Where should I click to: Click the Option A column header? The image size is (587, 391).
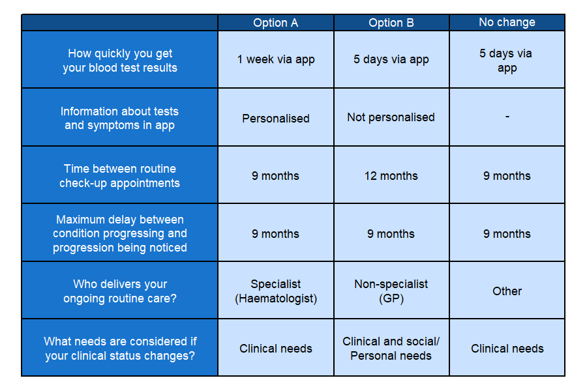point(275,23)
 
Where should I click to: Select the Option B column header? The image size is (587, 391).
point(391,23)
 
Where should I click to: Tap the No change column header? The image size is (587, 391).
point(507,22)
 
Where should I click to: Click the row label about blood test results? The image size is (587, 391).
point(120,60)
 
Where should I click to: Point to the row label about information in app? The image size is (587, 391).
point(120,118)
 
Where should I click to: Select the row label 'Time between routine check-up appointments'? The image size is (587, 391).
point(120,175)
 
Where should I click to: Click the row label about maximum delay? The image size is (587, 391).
point(120,233)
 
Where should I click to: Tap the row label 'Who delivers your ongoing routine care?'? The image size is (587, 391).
point(120,291)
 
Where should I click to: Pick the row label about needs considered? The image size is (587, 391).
point(120,349)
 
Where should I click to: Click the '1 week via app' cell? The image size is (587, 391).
point(276,59)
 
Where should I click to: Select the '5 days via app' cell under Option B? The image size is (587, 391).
point(391,59)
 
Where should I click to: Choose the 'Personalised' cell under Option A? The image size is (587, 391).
point(275,118)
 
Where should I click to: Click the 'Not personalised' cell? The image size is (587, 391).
point(391,117)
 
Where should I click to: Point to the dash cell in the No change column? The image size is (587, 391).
point(507,117)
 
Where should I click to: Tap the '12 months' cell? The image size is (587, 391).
point(391,175)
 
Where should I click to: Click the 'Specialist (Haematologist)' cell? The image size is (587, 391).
point(276,291)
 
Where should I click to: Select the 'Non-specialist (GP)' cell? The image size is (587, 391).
point(391,291)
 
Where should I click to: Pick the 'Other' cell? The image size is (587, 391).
point(507,291)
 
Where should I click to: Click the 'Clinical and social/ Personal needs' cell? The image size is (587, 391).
point(391,349)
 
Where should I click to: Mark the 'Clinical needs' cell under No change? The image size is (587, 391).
point(507,349)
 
